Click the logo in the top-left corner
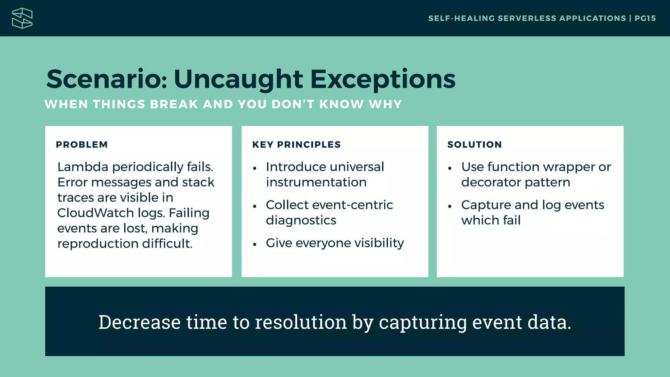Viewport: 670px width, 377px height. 22,18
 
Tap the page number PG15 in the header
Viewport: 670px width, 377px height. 645,18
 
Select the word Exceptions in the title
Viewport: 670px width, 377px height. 382,79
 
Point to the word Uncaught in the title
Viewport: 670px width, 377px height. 238,79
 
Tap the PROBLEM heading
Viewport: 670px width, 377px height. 82,145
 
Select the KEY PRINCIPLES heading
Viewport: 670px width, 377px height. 296,145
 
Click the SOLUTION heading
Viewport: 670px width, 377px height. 474,145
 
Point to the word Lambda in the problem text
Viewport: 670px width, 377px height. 82,167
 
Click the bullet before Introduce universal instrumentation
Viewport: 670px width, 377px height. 255,169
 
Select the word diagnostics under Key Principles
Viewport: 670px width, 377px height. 301,221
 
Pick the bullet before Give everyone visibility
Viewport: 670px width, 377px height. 255,244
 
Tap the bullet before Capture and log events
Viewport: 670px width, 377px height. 450,206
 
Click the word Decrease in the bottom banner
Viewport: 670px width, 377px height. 139,322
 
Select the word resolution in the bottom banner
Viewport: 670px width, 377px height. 301,322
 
